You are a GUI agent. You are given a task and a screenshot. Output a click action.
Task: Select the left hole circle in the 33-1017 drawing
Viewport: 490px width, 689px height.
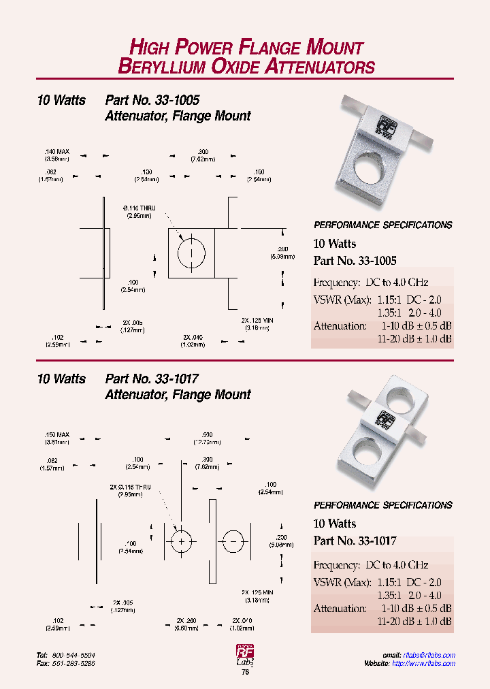point(182,541)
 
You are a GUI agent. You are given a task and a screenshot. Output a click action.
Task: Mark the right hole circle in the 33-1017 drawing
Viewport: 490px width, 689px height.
point(234,541)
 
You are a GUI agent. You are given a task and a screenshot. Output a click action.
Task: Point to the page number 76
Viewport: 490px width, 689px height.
point(245,672)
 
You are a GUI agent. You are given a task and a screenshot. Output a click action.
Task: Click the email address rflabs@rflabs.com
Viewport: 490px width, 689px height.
point(429,655)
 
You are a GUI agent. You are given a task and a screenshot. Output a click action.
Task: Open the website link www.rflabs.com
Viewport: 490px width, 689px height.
point(428,663)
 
